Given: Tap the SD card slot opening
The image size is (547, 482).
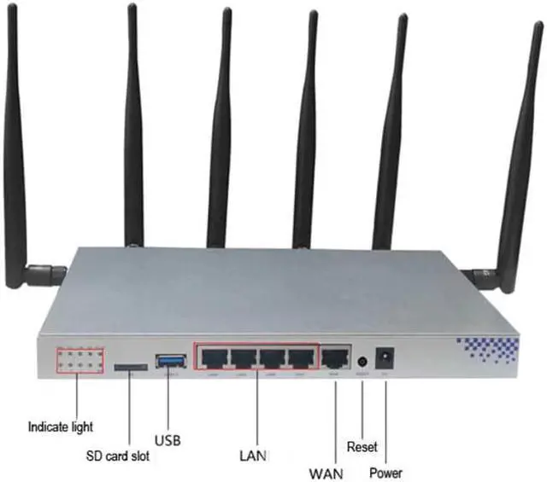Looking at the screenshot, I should click(x=128, y=367).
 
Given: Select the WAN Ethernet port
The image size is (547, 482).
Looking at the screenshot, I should click(x=335, y=358).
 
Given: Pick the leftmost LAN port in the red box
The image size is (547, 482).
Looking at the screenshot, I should click(x=215, y=358).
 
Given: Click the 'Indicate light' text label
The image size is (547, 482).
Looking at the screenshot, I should click(x=60, y=426).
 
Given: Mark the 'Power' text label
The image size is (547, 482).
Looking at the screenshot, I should click(x=385, y=472).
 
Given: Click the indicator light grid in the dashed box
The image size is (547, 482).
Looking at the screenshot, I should click(x=79, y=359).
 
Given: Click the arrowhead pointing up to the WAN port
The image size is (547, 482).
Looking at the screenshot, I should click(x=335, y=386).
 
